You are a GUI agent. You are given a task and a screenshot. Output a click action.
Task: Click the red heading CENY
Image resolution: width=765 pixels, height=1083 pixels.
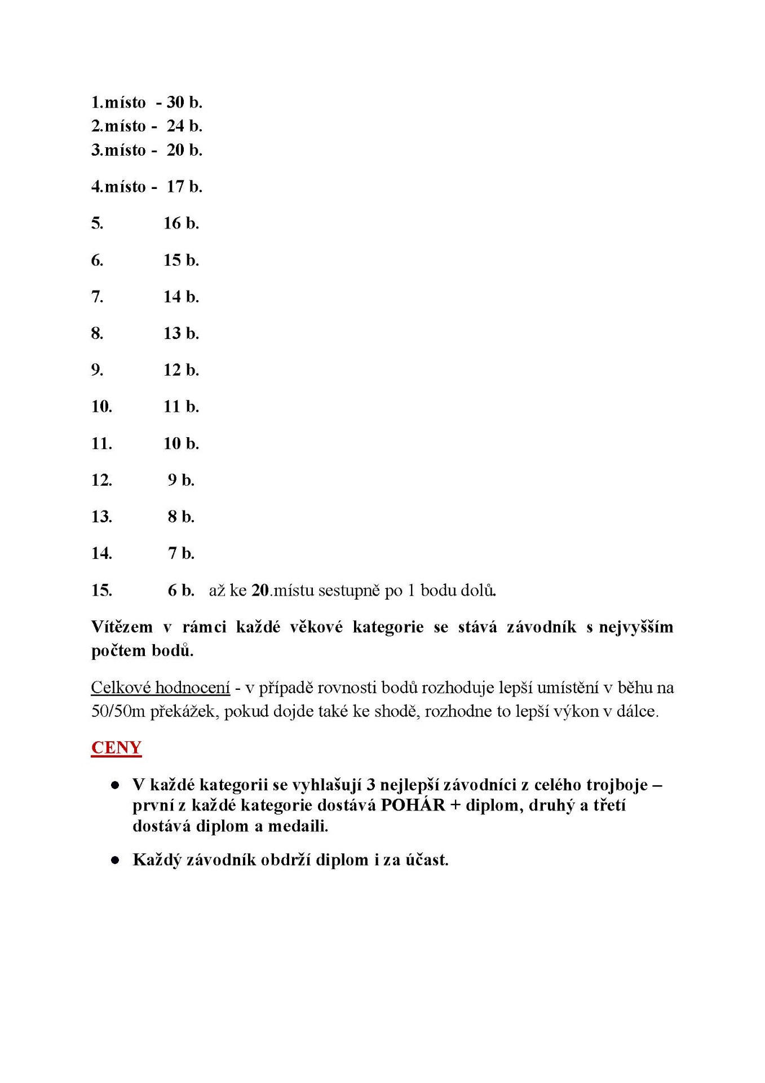point(116,747)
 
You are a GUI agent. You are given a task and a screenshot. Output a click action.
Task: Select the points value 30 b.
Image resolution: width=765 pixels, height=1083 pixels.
point(184,102)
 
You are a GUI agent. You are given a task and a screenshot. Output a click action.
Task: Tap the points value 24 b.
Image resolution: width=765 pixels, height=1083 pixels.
point(184,126)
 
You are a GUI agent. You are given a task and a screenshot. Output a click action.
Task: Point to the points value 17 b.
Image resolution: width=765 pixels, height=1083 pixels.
point(184,186)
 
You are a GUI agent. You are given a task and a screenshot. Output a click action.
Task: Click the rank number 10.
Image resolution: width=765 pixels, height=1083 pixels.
point(101,406)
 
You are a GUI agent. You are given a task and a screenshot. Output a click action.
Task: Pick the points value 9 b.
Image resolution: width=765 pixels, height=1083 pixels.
point(181,479)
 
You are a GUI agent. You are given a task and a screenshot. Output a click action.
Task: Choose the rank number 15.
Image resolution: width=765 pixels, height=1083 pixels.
point(101,590)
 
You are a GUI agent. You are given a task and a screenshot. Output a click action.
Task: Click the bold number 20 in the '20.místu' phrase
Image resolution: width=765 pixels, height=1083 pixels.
point(260,590)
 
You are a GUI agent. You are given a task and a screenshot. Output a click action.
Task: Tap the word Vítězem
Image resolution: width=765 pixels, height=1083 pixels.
point(122,627)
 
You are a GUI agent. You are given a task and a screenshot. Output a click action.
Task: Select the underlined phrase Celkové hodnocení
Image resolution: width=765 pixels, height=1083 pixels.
point(161,688)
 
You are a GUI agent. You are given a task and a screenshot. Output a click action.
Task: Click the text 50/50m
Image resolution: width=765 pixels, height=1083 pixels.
point(118,711)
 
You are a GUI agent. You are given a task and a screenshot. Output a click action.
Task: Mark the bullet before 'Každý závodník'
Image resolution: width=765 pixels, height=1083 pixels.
point(116,860)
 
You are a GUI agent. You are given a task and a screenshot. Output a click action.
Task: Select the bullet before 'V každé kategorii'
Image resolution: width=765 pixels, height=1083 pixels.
point(116,785)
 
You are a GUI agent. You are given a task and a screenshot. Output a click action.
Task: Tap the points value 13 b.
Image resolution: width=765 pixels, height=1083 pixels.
point(181,333)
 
